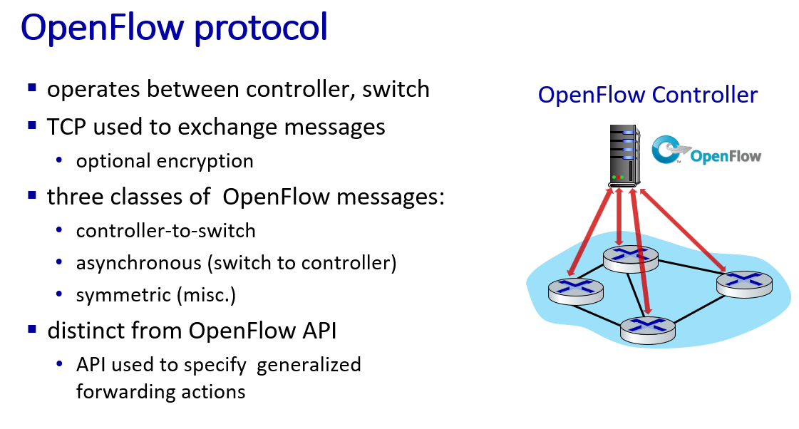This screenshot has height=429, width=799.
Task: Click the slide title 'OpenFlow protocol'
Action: pyautogui.click(x=174, y=28)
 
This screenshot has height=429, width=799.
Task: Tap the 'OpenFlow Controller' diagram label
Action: pyautogui.click(x=648, y=95)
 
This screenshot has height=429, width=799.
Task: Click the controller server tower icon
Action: pyautogui.click(x=624, y=156)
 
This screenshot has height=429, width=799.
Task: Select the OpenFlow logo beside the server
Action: pyautogui.click(x=706, y=150)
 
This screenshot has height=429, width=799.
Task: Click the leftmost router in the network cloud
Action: pyautogui.click(x=576, y=291)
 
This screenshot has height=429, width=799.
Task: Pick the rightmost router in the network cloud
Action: pyautogui.click(x=745, y=284)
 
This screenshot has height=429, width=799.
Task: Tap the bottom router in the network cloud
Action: pyautogui.click(x=648, y=330)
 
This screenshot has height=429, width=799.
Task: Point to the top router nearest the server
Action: pyautogui.click(x=630, y=259)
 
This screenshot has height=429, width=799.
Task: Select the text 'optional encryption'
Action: pyautogui.click(x=165, y=161)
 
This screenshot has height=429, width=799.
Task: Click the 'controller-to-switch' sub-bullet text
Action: pyautogui.click(x=165, y=231)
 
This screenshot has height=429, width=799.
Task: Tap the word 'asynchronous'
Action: pyautogui.click(x=138, y=264)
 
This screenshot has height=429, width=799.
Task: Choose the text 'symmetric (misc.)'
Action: pyautogui.click(x=156, y=295)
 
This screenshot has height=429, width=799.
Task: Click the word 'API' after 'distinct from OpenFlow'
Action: pyautogui.click(x=319, y=331)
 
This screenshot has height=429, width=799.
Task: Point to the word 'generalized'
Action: pyautogui.click(x=309, y=366)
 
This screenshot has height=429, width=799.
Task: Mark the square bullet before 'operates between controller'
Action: pyautogui.click(x=32, y=88)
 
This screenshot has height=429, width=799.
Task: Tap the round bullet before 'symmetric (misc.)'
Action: pyautogui.click(x=59, y=294)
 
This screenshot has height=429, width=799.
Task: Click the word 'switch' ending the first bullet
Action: pyautogui.click(x=396, y=89)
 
